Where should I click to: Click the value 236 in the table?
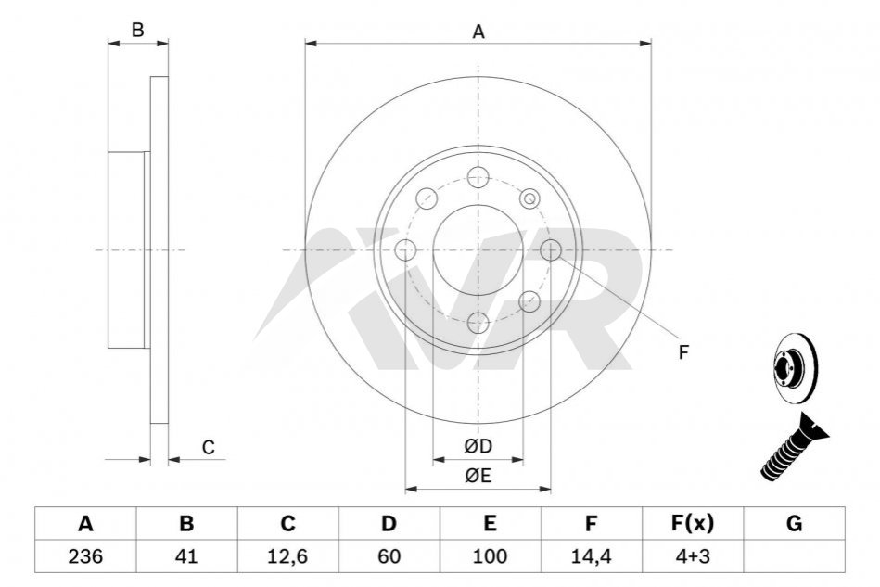click(x=85, y=556)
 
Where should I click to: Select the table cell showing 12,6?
click(x=287, y=556)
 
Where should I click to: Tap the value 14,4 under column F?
click(x=591, y=556)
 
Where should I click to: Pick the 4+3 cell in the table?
click(x=693, y=556)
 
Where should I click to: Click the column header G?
click(x=794, y=524)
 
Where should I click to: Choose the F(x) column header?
click(x=693, y=524)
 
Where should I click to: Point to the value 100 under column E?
click(x=490, y=556)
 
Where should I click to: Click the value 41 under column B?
click(x=186, y=556)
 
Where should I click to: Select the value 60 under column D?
click(x=389, y=556)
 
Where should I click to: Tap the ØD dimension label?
click(x=478, y=446)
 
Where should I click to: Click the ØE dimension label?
click(x=478, y=476)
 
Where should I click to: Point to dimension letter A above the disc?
click(x=478, y=32)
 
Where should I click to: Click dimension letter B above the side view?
click(x=137, y=30)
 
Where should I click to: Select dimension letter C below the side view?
click(x=209, y=448)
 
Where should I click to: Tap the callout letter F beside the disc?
click(x=683, y=352)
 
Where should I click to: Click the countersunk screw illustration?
click(x=795, y=446)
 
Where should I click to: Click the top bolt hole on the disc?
click(x=478, y=177)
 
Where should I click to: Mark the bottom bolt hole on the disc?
click(x=478, y=322)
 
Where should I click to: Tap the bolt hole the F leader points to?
click(x=551, y=249)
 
